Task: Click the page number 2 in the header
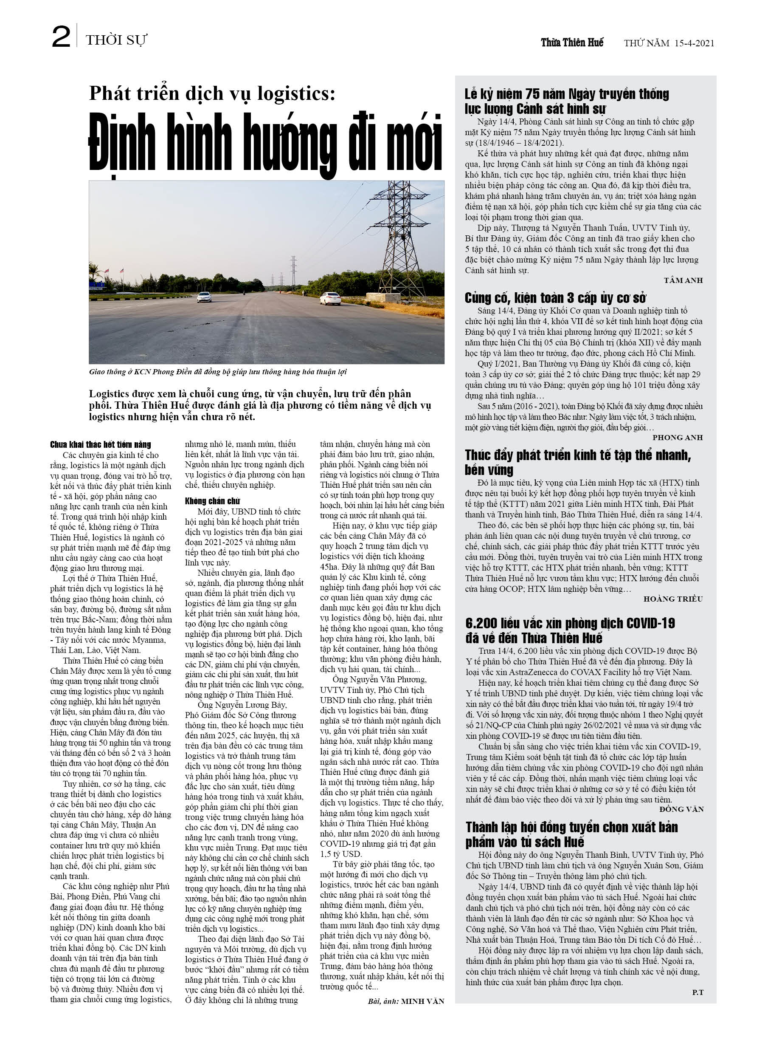[61, 38]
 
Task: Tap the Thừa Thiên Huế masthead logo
[572, 43]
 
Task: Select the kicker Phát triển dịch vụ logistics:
[212, 93]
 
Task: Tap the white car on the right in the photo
[330, 298]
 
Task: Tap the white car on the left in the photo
[204, 297]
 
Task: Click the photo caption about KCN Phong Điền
[218, 372]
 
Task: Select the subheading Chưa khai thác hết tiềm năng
[100, 445]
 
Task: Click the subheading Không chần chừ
[212, 501]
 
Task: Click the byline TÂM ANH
[683, 280]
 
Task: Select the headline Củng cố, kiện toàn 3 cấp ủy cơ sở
[555, 298]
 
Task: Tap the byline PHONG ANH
[677, 437]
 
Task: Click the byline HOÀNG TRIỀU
[672, 599]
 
